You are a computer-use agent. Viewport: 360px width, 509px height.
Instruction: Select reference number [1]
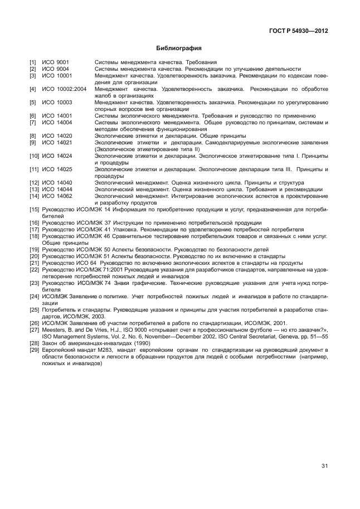(33, 62)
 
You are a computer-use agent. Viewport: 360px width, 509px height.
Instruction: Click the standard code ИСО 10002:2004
(64, 89)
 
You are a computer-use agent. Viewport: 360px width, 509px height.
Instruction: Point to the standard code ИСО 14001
(57, 115)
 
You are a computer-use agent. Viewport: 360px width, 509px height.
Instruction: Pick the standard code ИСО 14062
(57, 196)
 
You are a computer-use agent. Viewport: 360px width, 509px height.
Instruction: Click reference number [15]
(35, 209)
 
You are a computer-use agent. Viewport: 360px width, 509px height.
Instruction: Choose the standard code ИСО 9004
(55, 69)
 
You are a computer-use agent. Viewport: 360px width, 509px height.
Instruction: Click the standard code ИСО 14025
(57, 169)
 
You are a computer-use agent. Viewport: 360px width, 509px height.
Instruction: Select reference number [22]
(35, 269)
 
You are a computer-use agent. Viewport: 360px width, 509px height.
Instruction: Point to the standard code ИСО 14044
(57, 189)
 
